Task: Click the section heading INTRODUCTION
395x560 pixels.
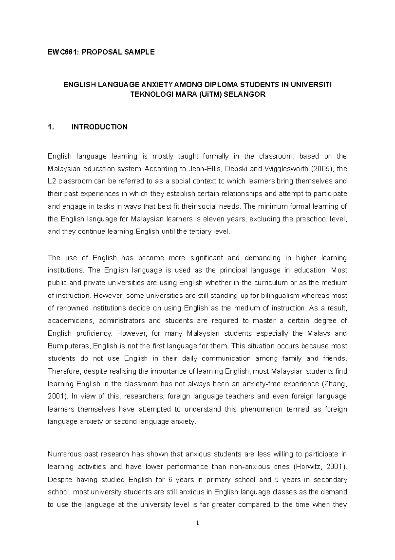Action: coord(99,127)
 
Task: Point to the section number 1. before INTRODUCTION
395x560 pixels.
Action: coord(50,127)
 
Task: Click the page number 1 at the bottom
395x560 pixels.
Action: coord(197,523)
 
